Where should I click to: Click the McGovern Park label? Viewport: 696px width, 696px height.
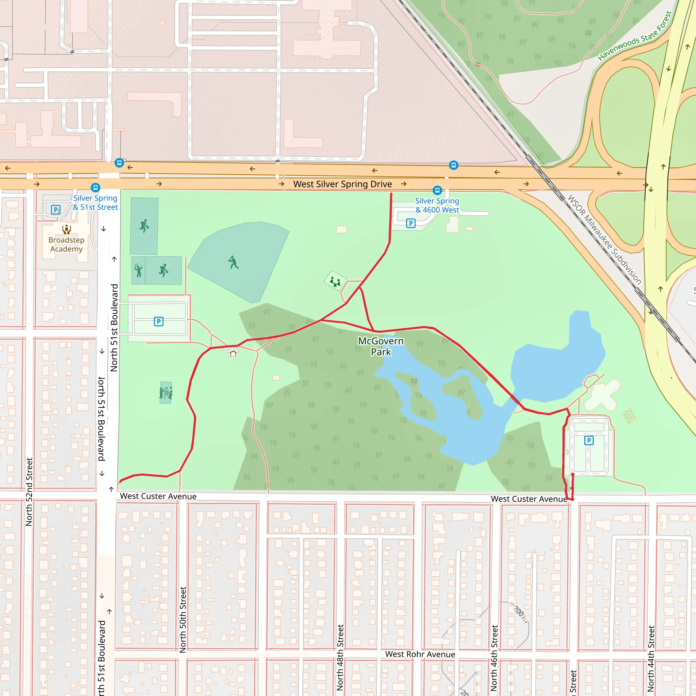pos(381,346)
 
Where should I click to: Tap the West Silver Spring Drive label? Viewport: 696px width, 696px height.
pos(342,184)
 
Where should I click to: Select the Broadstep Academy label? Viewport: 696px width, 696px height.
pos(66,244)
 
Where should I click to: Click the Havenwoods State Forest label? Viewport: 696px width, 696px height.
pos(635,36)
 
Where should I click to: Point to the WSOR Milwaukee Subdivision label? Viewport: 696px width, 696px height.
pos(605,240)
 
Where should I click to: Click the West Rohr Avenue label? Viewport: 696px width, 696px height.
pos(420,654)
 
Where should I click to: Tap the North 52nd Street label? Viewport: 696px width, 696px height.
pos(29,492)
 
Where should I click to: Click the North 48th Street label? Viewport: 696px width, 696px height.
pos(340,658)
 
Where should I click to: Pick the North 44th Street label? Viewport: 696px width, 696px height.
pos(651,659)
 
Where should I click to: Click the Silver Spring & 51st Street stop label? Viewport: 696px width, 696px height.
pos(95,203)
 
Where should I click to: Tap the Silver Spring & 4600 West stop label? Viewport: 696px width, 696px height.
pos(437,205)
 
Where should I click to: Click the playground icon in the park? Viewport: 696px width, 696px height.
pos(335,281)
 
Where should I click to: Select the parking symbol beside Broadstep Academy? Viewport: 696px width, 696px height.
pos(55,210)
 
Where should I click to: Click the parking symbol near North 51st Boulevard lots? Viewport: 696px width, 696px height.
pos(158,321)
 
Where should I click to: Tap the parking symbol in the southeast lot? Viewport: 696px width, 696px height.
pos(589,440)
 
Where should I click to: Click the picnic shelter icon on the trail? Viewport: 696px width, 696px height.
pos(233,352)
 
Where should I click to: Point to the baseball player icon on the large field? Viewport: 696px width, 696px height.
pos(233,262)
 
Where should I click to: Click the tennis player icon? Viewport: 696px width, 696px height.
pos(138,270)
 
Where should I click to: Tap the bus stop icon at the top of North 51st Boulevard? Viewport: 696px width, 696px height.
pos(119,163)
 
